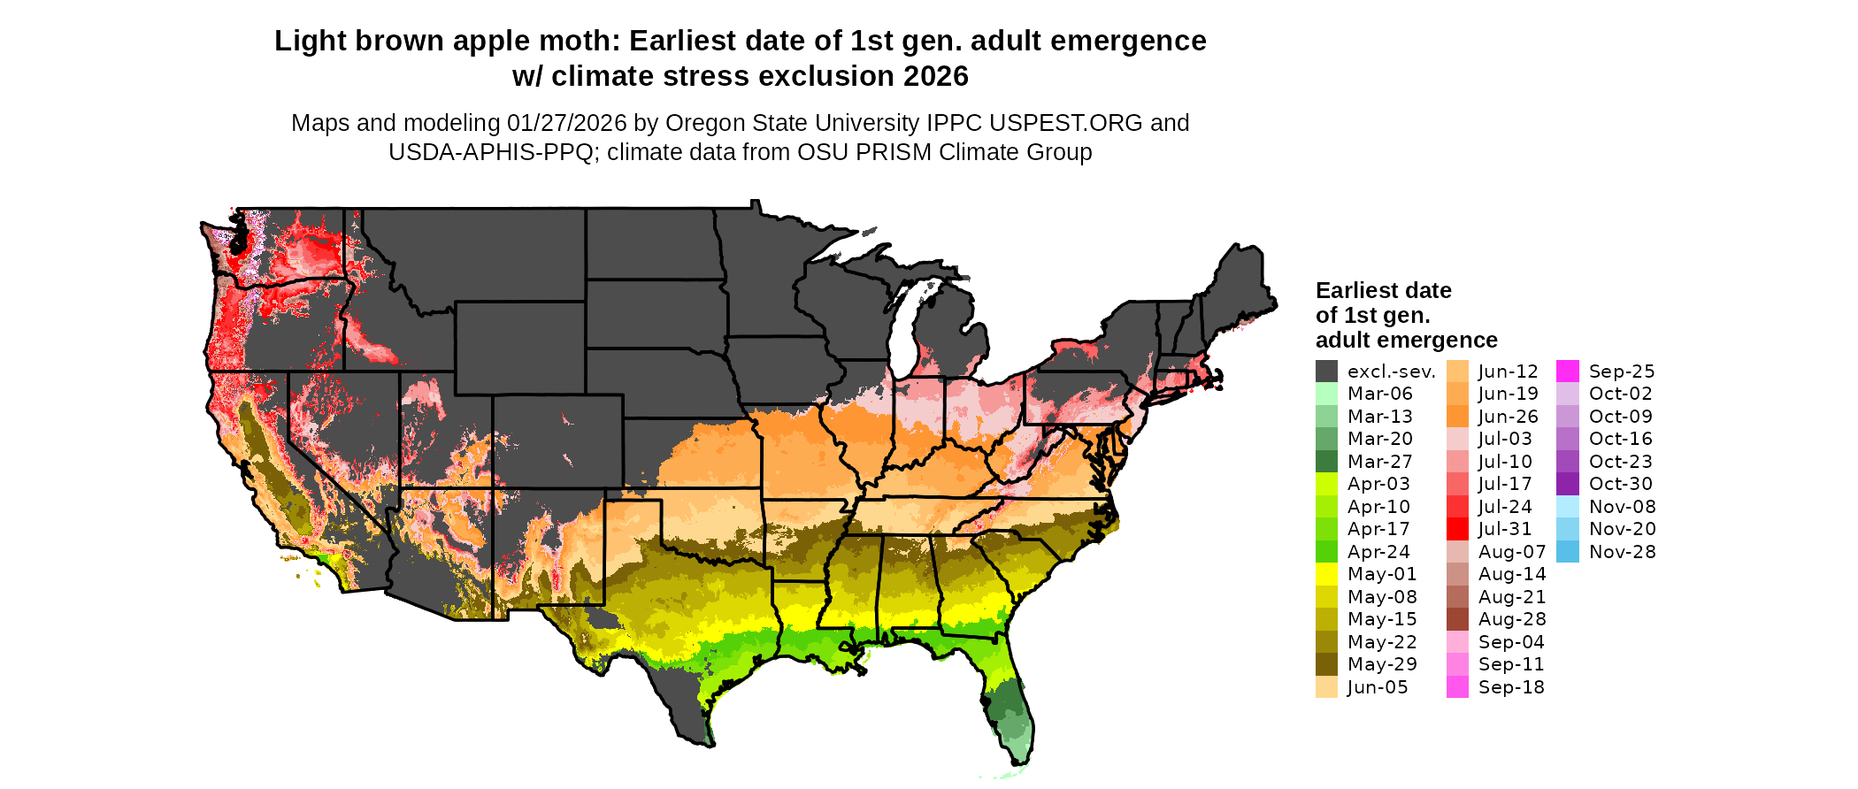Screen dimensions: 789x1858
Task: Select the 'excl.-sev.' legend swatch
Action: [1326, 372]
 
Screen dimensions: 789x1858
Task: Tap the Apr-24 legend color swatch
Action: [1326, 552]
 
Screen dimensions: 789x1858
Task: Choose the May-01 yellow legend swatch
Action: [1326, 574]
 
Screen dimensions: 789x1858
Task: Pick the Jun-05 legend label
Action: [1377, 687]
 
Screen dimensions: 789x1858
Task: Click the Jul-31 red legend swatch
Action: [1457, 529]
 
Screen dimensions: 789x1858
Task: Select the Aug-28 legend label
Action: [1512, 619]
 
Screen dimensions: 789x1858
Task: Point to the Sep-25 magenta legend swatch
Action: [1567, 372]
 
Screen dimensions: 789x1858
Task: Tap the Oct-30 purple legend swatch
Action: [1567, 484]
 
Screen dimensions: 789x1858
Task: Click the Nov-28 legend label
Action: [1622, 552]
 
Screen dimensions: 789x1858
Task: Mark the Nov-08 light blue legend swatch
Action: [1567, 507]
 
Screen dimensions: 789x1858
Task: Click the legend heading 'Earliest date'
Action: [1383, 291]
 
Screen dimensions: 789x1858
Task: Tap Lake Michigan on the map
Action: [902, 336]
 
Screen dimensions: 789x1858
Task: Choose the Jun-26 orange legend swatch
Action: [1457, 417]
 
